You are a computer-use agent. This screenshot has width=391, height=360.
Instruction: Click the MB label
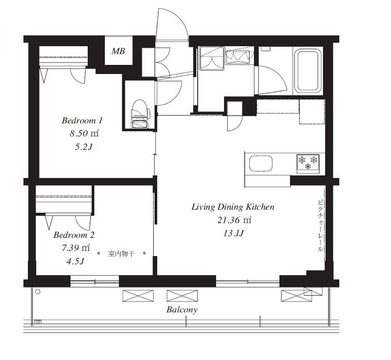[x=118, y=51]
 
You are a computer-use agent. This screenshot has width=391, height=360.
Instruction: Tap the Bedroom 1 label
[x=82, y=121]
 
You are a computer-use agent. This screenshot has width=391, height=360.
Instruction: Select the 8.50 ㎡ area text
[x=84, y=134]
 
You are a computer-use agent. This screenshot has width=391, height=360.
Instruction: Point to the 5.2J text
[x=84, y=147]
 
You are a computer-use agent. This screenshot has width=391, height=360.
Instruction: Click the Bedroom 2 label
[x=74, y=235]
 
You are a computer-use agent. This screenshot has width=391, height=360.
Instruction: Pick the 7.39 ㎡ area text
[x=76, y=248]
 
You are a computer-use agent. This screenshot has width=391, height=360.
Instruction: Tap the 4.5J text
[x=75, y=261]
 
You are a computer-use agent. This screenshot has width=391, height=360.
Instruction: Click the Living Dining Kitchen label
[x=233, y=207]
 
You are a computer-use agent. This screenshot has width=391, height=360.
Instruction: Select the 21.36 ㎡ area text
[x=234, y=220]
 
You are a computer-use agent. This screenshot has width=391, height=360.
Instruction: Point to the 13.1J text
[x=233, y=234]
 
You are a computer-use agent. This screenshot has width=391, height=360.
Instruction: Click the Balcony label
[x=182, y=310]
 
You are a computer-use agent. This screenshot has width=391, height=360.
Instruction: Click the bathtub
[x=307, y=71]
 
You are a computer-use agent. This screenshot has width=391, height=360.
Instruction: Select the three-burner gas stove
[x=308, y=163]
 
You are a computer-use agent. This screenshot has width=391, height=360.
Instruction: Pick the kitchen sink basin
[x=261, y=163]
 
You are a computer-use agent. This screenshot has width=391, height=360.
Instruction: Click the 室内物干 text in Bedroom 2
[x=121, y=254]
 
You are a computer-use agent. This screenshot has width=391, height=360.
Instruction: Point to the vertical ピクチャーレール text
[x=320, y=226]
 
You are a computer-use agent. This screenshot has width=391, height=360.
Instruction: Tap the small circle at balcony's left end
[x=38, y=292]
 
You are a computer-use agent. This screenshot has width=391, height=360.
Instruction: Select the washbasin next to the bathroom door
[x=238, y=57]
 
